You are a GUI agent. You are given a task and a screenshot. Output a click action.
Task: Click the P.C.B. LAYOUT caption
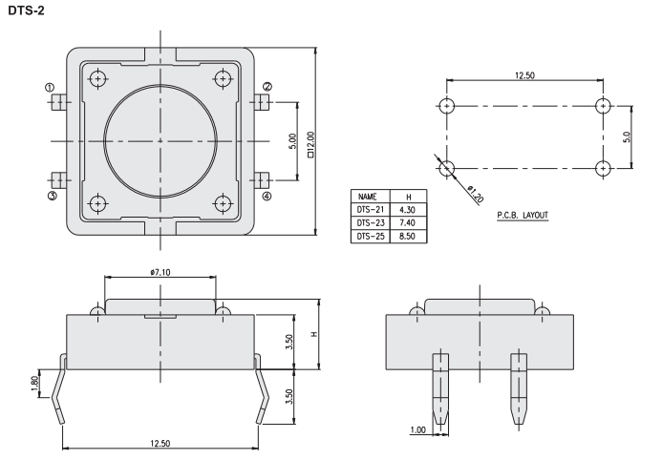point(523,216)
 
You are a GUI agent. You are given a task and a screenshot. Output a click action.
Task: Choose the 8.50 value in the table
point(408,235)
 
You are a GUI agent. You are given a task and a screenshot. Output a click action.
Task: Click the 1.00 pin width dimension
point(416,430)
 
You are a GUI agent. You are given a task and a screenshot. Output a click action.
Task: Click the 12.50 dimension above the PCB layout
point(523,74)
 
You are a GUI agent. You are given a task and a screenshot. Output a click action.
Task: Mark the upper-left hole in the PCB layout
point(446,105)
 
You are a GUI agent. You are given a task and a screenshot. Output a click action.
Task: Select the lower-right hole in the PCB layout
point(602,168)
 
